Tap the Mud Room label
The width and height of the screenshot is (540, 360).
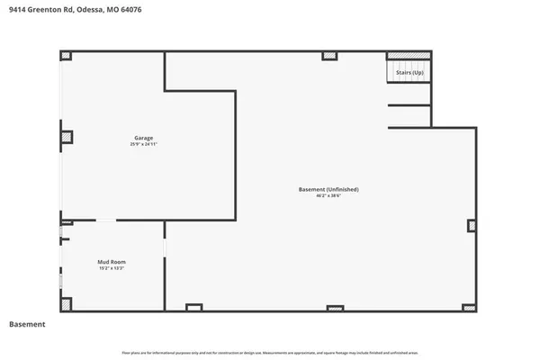112,262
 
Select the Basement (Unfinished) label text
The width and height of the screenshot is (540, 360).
328,189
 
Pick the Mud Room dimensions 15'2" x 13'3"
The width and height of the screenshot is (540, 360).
112,268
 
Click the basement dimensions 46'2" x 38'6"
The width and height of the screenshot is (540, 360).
328,196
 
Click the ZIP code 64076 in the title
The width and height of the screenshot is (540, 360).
129,9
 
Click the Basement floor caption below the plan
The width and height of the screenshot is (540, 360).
27,324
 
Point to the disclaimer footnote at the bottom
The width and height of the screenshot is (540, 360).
270,350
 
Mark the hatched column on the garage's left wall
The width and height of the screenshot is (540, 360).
67,138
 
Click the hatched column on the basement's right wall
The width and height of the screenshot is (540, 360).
472,226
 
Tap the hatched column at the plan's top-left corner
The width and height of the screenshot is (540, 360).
66,56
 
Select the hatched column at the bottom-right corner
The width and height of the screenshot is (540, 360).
471,307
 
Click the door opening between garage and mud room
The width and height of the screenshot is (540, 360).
106,220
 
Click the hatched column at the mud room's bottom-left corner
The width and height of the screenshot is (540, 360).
66,307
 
